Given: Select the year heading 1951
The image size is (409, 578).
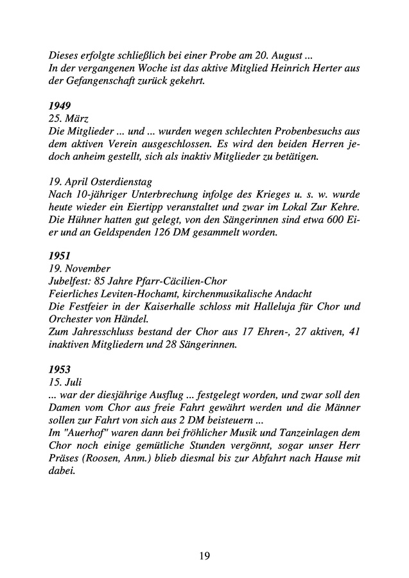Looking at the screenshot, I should click(60, 254).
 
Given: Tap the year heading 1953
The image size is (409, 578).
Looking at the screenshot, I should click(60, 371).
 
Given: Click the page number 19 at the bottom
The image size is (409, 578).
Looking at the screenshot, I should click(204, 556).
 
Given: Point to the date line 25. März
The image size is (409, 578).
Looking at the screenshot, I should click(69, 118).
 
